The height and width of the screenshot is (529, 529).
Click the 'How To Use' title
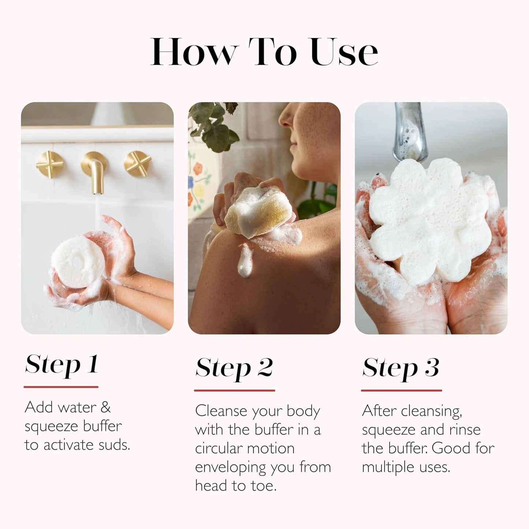(x=264, y=52)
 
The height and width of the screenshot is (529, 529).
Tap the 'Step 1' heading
(x=62, y=364)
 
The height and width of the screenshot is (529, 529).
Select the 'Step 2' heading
(x=234, y=368)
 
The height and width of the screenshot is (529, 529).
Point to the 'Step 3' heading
(x=401, y=368)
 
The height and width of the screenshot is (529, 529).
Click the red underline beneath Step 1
(x=61, y=387)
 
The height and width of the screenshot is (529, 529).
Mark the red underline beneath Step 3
(x=401, y=390)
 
